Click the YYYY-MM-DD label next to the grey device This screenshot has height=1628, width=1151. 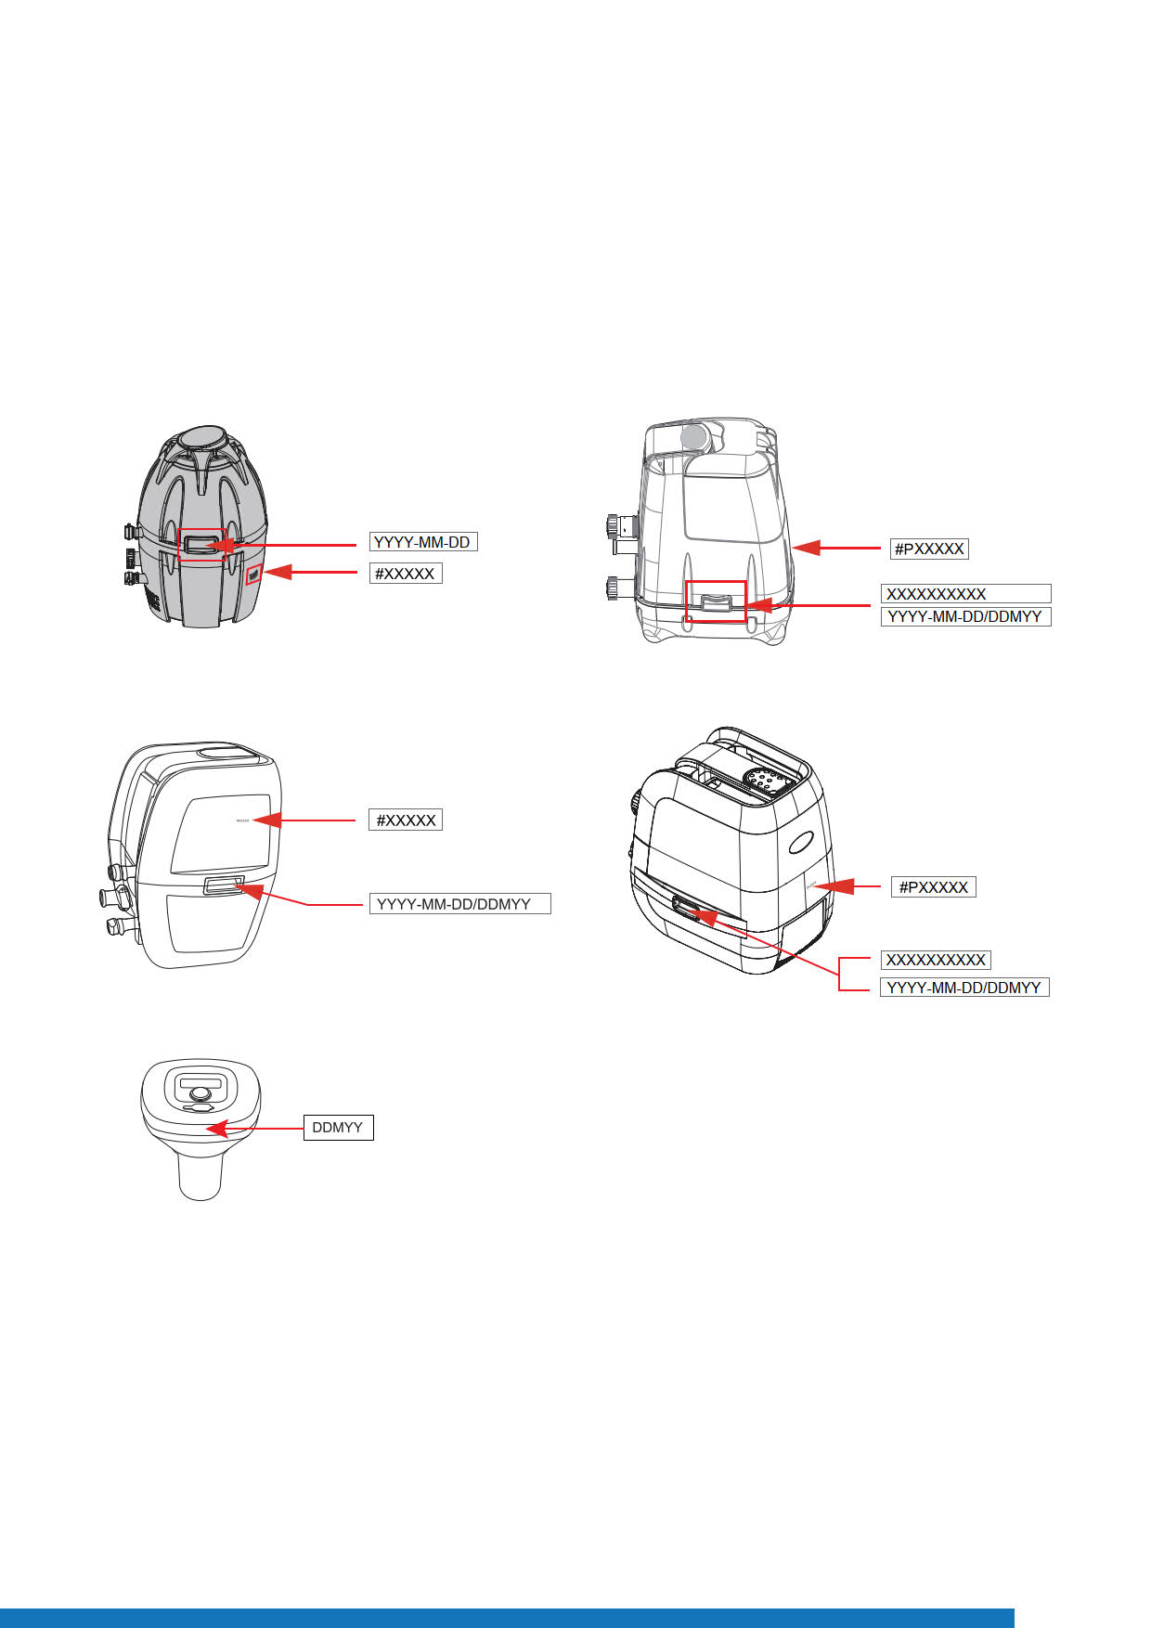pyautogui.click(x=423, y=542)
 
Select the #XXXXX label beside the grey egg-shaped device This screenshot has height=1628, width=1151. pyautogui.click(x=406, y=574)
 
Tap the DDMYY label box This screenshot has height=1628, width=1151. pyautogui.click(x=338, y=1128)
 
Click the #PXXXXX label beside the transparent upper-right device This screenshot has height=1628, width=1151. pyautogui.click(x=929, y=549)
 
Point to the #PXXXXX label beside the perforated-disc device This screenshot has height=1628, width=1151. pyautogui.click(x=934, y=887)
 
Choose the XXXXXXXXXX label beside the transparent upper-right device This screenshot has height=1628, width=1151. pyautogui.click(x=965, y=594)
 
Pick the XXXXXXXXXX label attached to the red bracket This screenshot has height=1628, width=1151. pyautogui.click(x=936, y=960)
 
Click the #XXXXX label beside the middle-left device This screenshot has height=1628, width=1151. pyautogui.click(x=407, y=820)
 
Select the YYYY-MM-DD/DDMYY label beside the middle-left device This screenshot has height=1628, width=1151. pyautogui.click(x=460, y=903)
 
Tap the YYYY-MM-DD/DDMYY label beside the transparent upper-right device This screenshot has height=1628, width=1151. pyautogui.click(x=965, y=616)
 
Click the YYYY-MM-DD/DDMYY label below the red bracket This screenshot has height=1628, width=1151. pyautogui.click(x=964, y=988)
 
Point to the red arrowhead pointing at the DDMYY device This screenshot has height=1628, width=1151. pyautogui.click(x=217, y=1129)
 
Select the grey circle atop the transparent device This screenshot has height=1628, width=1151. pyautogui.click(x=692, y=436)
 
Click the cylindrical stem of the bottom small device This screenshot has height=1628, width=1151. pyautogui.click(x=200, y=1174)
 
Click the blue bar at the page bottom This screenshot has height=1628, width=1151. pyautogui.click(x=507, y=1618)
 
